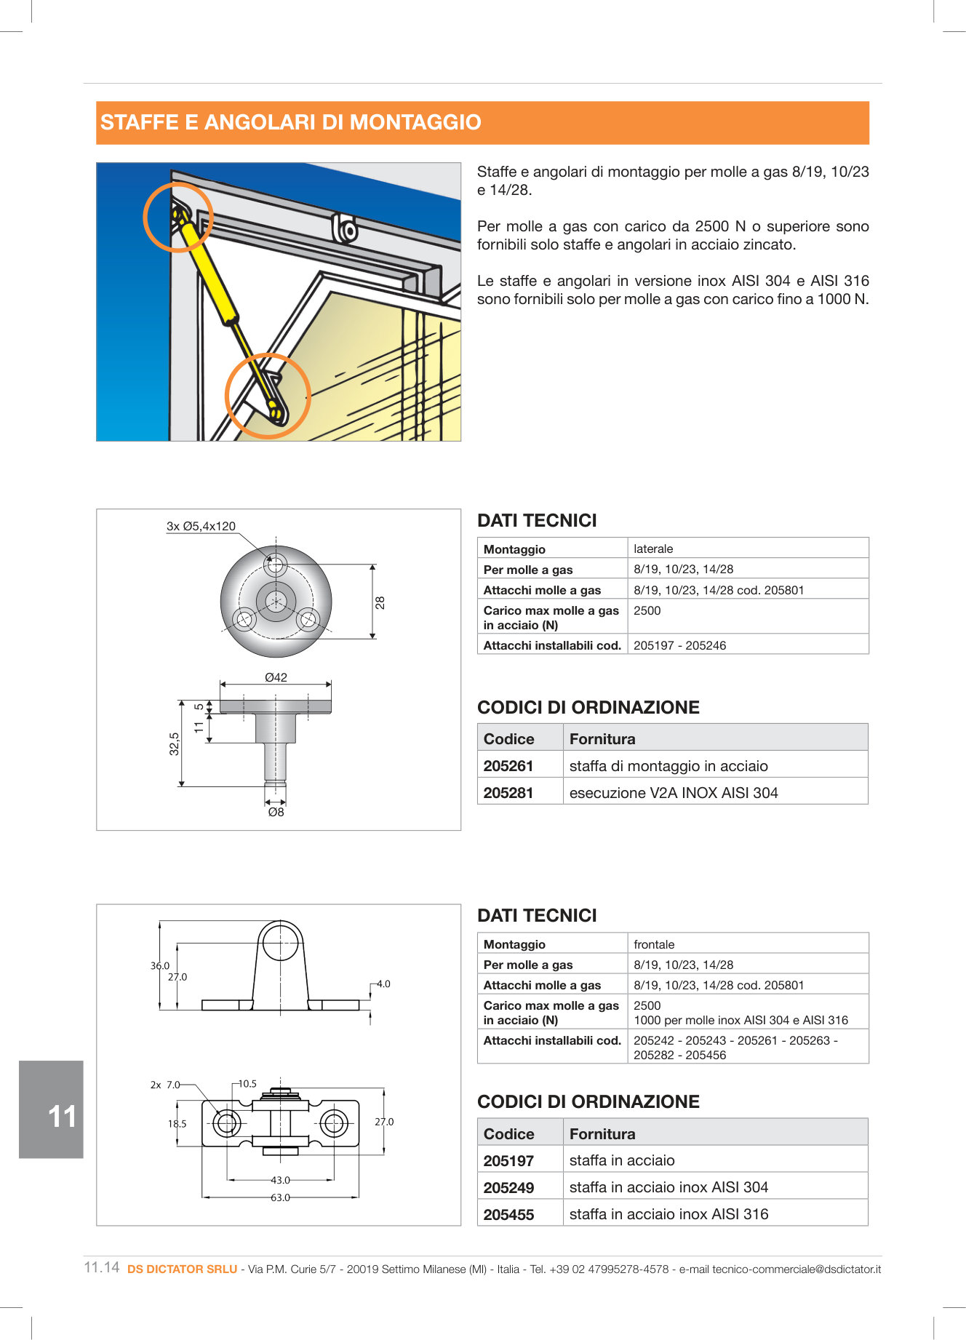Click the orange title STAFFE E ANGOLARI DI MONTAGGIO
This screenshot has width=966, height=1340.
[x=291, y=122]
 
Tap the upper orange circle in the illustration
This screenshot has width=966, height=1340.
[x=177, y=216]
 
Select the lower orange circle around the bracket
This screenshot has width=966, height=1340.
[x=268, y=396]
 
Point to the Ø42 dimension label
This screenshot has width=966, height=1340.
[x=276, y=677]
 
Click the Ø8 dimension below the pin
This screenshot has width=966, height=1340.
[x=276, y=812]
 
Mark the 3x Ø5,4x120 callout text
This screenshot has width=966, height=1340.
[x=201, y=526]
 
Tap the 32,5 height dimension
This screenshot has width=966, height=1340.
[x=175, y=743]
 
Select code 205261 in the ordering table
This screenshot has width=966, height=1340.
[x=508, y=766]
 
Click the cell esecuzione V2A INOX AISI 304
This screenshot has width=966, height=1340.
[x=674, y=793]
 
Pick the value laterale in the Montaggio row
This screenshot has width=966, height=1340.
[x=653, y=549]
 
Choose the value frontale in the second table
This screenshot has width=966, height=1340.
[x=654, y=944]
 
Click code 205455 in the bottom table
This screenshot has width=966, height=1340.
[x=508, y=1215]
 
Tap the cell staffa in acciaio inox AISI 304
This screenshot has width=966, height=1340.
[x=668, y=1187]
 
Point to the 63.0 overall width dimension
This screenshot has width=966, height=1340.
[x=280, y=1197]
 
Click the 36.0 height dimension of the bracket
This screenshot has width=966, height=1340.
[x=160, y=966]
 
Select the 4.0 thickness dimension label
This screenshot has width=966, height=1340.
[x=383, y=984]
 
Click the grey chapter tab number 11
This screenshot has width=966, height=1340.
[x=61, y=1117]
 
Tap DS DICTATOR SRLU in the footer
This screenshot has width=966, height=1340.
[x=182, y=1269]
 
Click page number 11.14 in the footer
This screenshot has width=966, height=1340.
[x=102, y=1267]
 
